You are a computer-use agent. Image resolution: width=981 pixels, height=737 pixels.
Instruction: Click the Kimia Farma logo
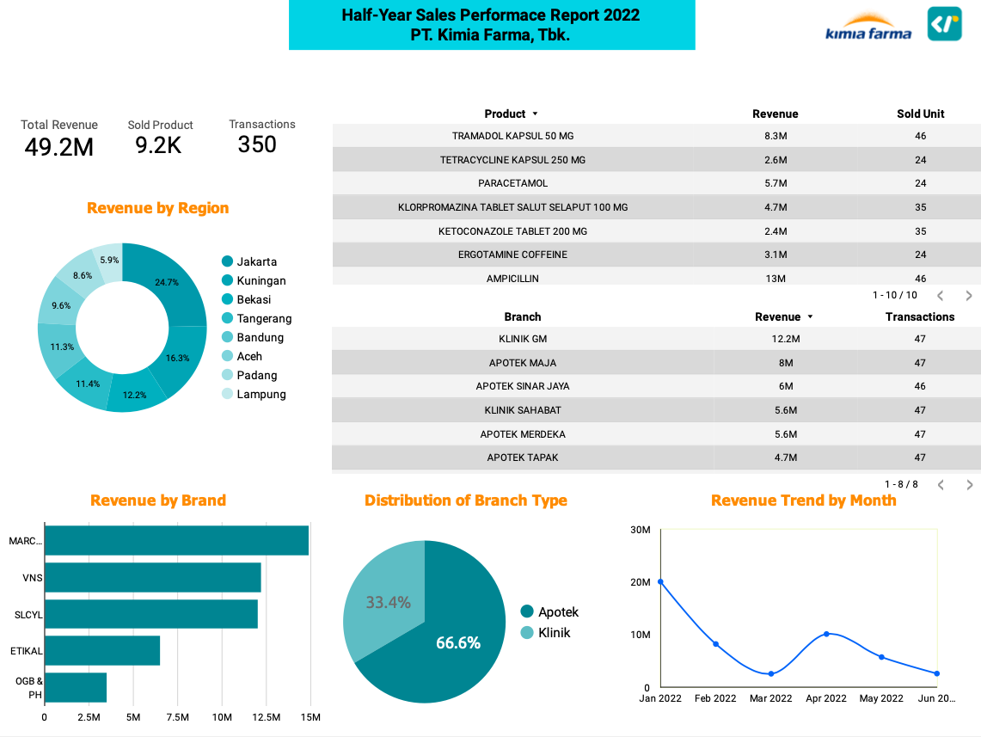point(868,27)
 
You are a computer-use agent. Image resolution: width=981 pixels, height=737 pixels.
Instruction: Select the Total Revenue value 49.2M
point(58,147)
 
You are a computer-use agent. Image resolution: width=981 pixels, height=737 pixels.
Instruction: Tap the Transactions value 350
point(257,144)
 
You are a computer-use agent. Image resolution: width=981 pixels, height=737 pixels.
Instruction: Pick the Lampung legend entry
point(254,394)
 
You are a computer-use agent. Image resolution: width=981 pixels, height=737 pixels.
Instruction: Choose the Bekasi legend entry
point(247,299)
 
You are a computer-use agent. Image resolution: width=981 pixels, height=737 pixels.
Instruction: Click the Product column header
point(505,114)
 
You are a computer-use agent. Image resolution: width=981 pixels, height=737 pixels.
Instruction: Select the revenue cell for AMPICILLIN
point(776,279)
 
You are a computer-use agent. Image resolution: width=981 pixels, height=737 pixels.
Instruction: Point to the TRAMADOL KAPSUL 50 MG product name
point(513,136)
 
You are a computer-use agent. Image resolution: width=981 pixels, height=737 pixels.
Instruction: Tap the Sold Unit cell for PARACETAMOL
point(920,183)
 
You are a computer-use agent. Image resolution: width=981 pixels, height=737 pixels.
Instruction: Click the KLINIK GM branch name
point(523,339)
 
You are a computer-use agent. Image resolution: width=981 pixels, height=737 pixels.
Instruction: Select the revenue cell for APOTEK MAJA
point(786,363)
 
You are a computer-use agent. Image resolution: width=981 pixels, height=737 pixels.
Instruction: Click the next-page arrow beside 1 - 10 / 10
point(968,295)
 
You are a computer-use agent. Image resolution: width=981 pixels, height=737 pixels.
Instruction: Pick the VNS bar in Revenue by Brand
point(153,577)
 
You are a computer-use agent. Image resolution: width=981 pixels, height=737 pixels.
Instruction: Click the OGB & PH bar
point(76,688)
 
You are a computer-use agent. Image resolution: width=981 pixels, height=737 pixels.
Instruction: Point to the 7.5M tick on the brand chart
point(178,717)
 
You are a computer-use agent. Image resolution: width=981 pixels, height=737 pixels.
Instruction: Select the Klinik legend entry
point(546,633)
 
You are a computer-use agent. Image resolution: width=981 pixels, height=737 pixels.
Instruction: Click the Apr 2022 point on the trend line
point(826,634)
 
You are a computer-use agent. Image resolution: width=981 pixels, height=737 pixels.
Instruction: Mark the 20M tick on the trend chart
point(640,582)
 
